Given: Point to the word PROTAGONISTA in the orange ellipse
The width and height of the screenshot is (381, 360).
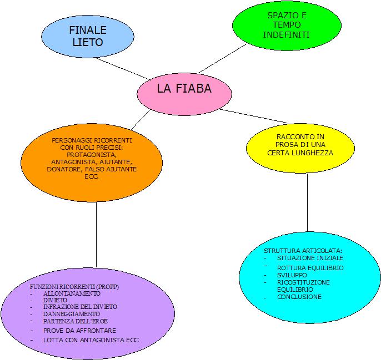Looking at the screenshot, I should coord(92,154).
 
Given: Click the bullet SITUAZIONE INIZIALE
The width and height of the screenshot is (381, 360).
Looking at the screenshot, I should coord(310,258).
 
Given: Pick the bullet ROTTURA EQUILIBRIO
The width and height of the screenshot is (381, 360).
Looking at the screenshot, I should coord(310,268).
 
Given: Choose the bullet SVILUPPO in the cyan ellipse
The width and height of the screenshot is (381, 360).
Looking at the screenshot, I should coord(292,275).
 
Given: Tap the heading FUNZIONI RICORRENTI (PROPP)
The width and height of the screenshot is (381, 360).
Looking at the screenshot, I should coord(74,286).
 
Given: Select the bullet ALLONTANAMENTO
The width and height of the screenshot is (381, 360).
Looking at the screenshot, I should coord(72,293).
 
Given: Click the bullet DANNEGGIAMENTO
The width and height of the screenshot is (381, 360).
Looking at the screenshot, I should coord(72,314).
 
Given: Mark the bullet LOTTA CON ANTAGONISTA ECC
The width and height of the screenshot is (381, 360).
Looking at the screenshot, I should coord(91,339).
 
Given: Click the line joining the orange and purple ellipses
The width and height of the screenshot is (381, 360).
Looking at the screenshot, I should coord(96,233).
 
